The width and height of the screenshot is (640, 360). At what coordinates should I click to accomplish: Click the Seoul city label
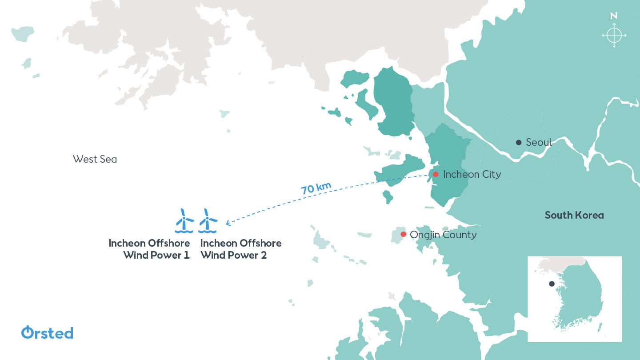point(539,142)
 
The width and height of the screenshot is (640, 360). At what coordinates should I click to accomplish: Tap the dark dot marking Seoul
point(519,142)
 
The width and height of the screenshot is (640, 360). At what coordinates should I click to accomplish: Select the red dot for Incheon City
point(436,174)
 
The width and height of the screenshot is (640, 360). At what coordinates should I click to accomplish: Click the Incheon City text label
point(472,174)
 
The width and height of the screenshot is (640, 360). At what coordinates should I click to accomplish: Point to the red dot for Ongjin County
point(403,234)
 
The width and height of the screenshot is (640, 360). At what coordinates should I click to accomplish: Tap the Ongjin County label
point(443,235)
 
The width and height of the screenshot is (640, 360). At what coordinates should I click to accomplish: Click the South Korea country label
point(574,215)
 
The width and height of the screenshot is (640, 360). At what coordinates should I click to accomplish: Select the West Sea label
point(95,159)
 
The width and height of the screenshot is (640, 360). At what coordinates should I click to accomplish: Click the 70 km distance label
point(316,188)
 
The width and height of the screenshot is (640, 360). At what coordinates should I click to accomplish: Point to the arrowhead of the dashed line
point(228,223)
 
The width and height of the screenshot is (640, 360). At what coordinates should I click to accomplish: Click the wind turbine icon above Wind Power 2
point(208,220)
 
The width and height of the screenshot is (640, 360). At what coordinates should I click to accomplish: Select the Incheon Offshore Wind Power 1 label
point(149,249)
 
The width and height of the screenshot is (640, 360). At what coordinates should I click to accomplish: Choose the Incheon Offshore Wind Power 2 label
point(241,249)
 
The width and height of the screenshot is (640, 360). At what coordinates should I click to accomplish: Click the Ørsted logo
point(47,332)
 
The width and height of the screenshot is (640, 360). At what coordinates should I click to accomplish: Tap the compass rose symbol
point(614,35)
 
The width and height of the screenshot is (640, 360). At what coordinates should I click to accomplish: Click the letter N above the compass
point(614,16)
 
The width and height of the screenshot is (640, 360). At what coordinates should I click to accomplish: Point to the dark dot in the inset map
point(552,284)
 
